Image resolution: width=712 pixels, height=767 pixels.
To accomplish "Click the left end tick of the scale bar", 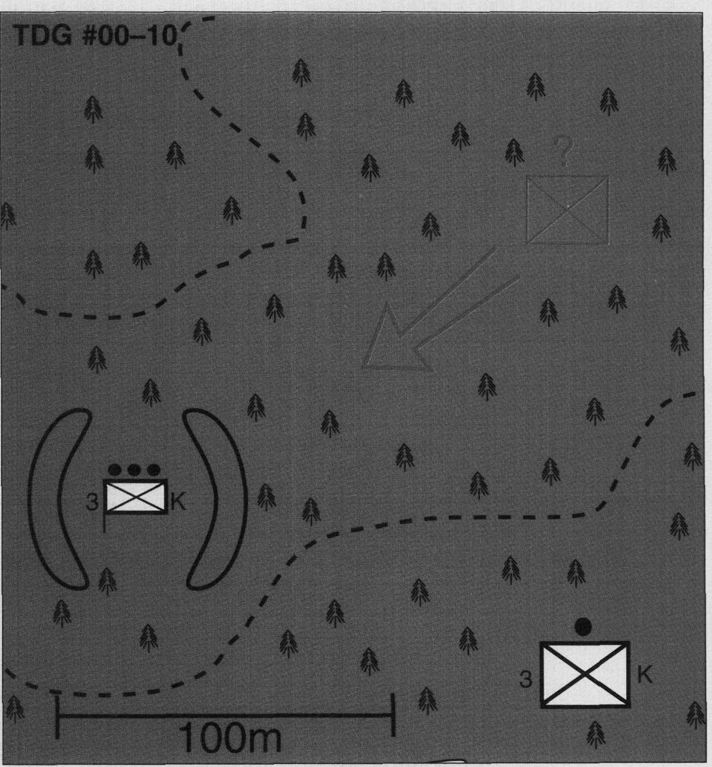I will tap(58, 716).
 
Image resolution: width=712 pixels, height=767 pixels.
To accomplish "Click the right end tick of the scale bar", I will tap(393, 715).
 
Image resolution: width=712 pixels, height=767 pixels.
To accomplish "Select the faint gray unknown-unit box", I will tap(567, 210).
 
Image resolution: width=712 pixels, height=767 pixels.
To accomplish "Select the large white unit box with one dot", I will tap(585, 673).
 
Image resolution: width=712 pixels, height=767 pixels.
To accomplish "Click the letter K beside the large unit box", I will tap(645, 674).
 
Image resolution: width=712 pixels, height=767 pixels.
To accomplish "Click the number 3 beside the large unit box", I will tap(526, 679).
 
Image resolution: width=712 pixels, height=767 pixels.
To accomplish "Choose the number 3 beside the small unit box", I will tap(93, 502).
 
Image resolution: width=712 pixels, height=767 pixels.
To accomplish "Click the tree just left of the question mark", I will tap(514, 151).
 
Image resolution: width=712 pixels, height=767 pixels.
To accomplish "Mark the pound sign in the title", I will tap(91, 36).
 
